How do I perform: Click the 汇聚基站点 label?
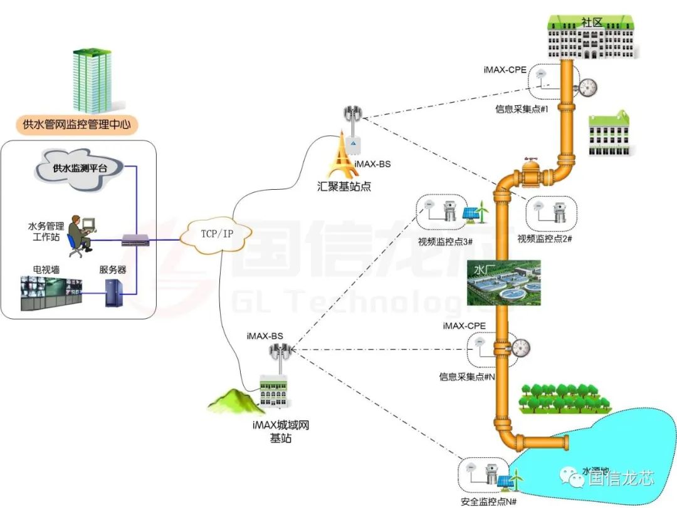[x=345, y=186]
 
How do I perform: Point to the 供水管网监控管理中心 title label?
[x=76, y=124]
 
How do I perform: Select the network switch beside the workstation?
[x=136, y=239]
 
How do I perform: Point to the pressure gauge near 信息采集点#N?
[x=520, y=346]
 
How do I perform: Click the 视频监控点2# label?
[x=545, y=239]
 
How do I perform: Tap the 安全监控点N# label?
[x=488, y=501]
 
